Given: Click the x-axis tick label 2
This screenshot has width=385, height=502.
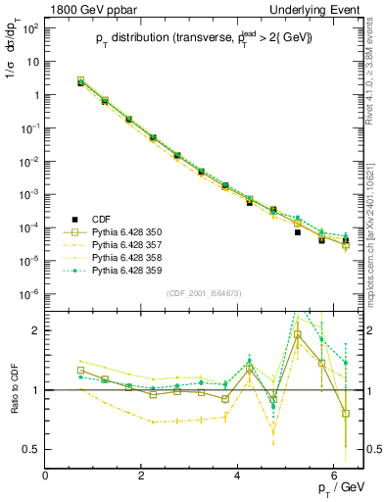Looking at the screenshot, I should pyautogui.click(x=142, y=476).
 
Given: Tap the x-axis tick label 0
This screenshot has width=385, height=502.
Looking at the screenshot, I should pyautogui.click(x=46, y=476).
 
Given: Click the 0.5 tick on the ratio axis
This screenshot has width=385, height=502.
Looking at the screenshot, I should pyautogui.click(x=32, y=449).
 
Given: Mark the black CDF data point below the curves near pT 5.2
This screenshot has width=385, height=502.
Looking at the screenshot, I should pyautogui.click(x=297, y=232).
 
